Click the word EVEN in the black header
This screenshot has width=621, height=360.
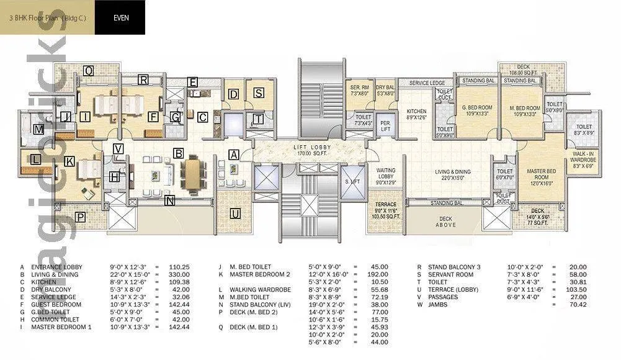point(121,17)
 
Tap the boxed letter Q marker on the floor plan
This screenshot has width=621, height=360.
point(89,71)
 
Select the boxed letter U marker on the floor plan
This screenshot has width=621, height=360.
point(235,214)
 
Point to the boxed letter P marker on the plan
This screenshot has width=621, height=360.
point(80,217)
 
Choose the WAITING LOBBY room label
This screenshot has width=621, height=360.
point(386,173)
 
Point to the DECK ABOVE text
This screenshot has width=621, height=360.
point(445,222)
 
